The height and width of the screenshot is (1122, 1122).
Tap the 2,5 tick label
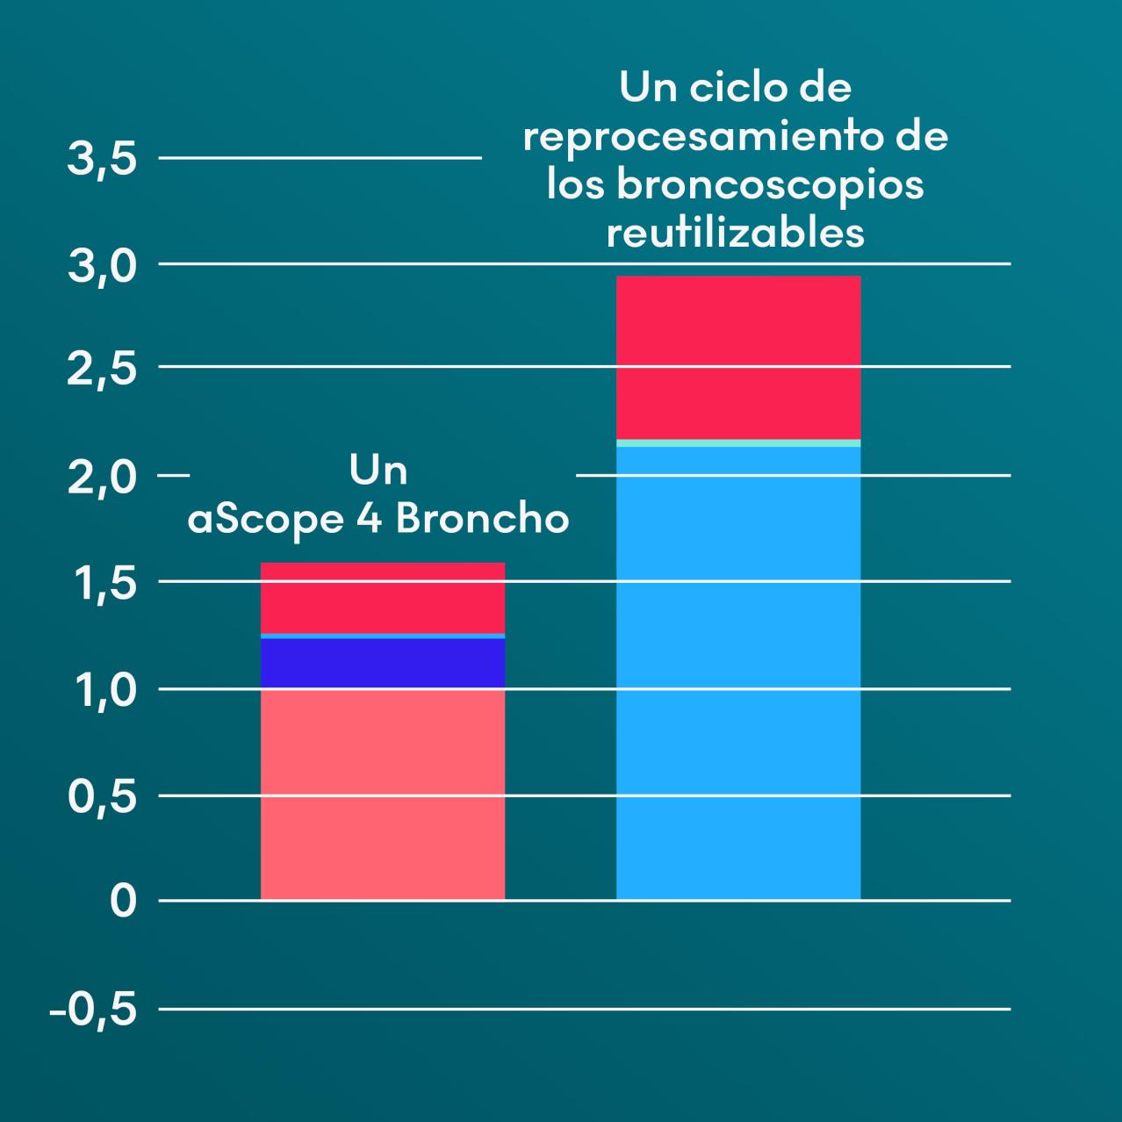click(102, 370)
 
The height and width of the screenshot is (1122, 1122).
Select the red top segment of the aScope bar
click(383, 597)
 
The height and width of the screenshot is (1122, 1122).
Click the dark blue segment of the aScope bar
click(383, 663)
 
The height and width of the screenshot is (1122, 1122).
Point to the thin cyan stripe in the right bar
click(737, 442)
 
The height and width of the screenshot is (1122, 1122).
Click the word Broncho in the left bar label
click(482, 519)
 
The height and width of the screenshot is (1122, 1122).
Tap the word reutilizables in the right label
click(735, 233)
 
